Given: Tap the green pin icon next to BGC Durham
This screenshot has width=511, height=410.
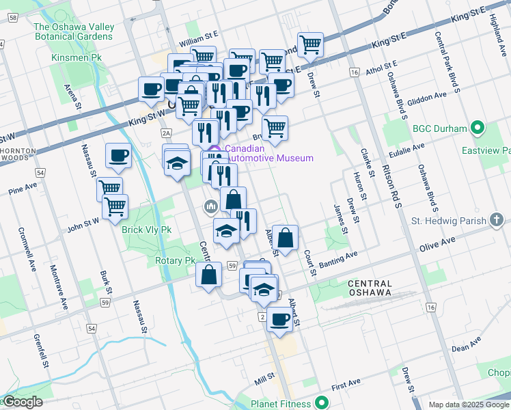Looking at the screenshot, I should tap(478, 128).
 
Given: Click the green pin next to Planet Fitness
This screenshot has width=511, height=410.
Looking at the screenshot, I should tap(322, 403).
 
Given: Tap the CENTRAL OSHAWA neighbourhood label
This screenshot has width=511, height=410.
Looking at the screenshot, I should tap(370, 288).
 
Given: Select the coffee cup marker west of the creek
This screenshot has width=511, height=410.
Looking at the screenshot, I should tap(119, 156).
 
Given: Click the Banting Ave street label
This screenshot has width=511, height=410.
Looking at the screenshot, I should tap(337, 256).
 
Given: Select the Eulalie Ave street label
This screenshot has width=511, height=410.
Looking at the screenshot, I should tap(407, 145).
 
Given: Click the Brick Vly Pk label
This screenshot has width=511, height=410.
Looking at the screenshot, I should tap(146, 230).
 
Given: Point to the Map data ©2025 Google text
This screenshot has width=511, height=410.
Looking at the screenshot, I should tap(468, 405).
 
